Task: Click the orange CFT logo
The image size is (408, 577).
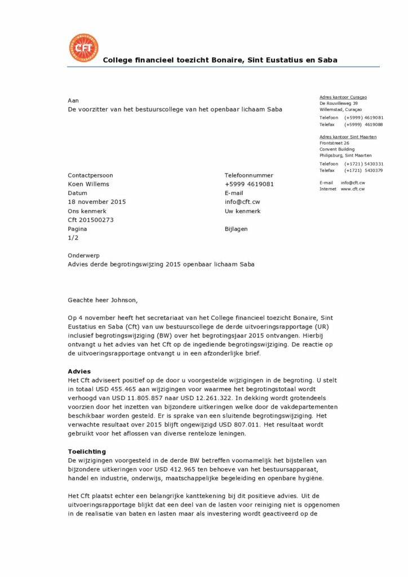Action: click(83, 48)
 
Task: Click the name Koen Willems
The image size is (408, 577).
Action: click(88, 184)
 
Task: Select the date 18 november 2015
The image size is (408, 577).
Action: click(96, 202)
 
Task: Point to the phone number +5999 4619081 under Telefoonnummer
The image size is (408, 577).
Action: click(249, 184)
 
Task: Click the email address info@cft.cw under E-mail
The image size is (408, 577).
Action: click(242, 202)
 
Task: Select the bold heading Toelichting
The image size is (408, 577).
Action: click(86, 451)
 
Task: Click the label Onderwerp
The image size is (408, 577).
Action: click(83, 255)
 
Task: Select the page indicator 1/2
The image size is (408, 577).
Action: click(73, 238)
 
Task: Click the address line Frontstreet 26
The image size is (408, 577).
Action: click(335, 143)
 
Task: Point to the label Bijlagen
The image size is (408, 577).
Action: click(236, 229)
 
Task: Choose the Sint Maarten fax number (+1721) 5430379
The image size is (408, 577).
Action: click(363, 170)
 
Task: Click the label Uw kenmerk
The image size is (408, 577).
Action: click(242, 211)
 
